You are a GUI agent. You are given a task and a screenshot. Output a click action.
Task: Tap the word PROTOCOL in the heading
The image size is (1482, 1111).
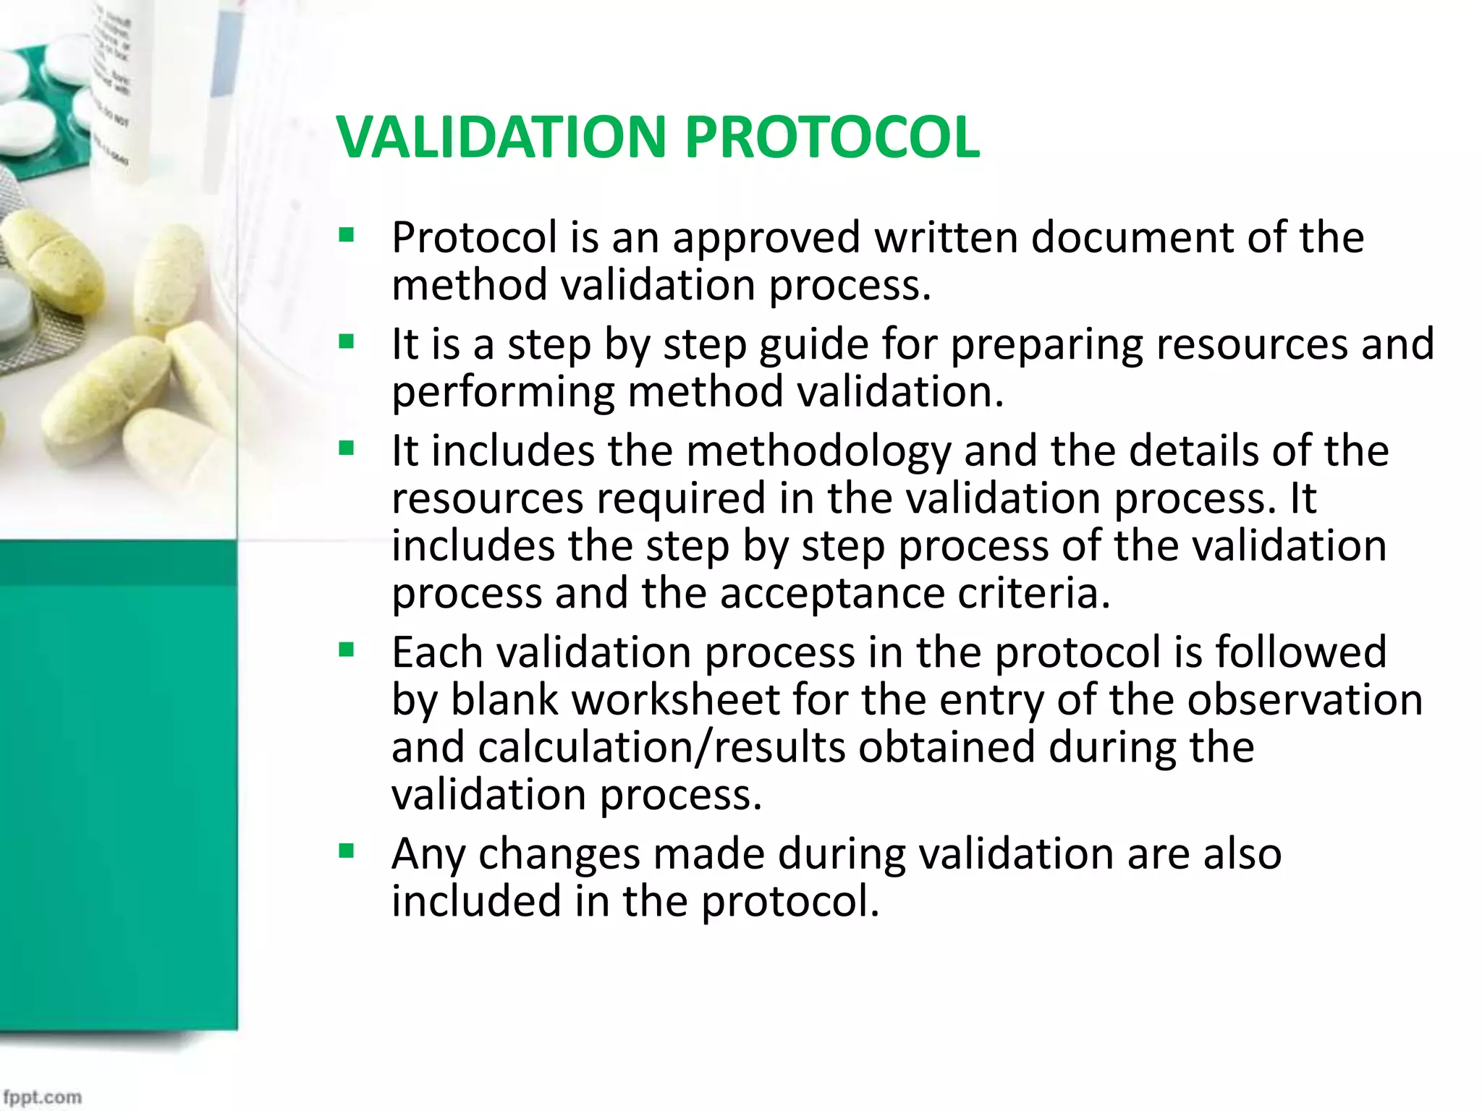coord(832,137)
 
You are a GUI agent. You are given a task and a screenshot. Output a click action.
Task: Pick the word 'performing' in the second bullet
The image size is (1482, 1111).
coord(502,392)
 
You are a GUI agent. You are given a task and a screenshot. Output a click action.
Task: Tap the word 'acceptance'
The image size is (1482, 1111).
coord(831,593)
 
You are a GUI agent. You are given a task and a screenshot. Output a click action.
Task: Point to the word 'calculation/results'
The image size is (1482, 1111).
coord(661,747)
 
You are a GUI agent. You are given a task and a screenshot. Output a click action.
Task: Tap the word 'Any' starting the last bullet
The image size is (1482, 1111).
coord(428,854)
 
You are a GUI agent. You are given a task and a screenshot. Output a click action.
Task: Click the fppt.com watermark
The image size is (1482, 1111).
coord(42,1097)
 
